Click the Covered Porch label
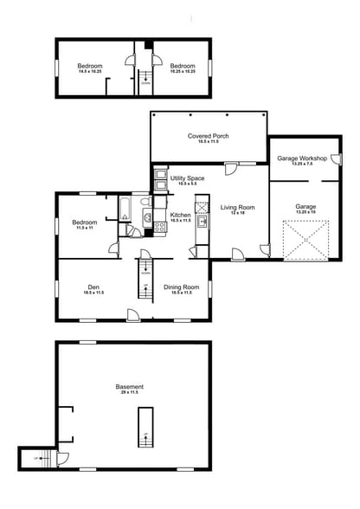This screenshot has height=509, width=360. point(208,136)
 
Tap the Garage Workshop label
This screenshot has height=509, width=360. point(302,159)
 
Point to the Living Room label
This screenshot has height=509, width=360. point(236,208)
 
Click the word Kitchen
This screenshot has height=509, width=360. point(180,215)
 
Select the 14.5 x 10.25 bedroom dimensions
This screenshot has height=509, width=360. point(90,73)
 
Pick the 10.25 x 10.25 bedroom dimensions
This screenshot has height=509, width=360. point(182,73)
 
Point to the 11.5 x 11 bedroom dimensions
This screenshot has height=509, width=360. point(85,229)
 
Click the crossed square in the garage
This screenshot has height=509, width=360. point(307,239)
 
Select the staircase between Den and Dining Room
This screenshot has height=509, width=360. point(145,279)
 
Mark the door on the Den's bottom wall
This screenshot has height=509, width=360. point(132,314)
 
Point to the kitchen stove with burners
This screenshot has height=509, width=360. point(160,227)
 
